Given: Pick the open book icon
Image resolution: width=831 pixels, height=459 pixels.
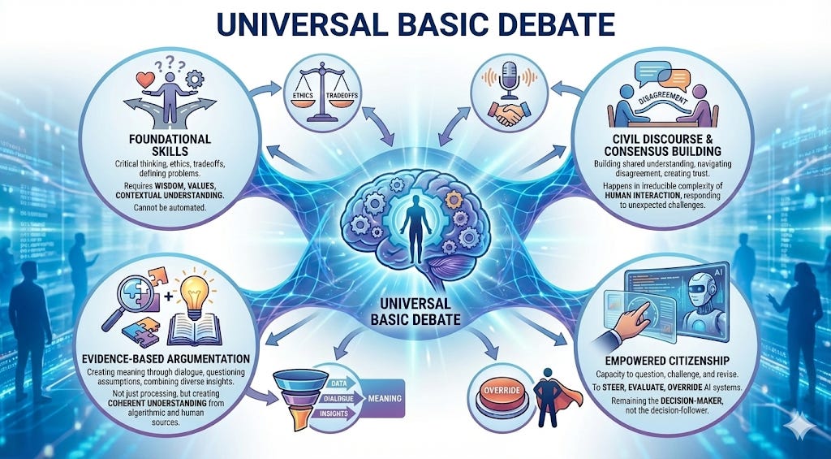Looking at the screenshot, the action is click(205, 330).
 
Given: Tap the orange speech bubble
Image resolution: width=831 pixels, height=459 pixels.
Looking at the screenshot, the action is click(674, 79).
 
